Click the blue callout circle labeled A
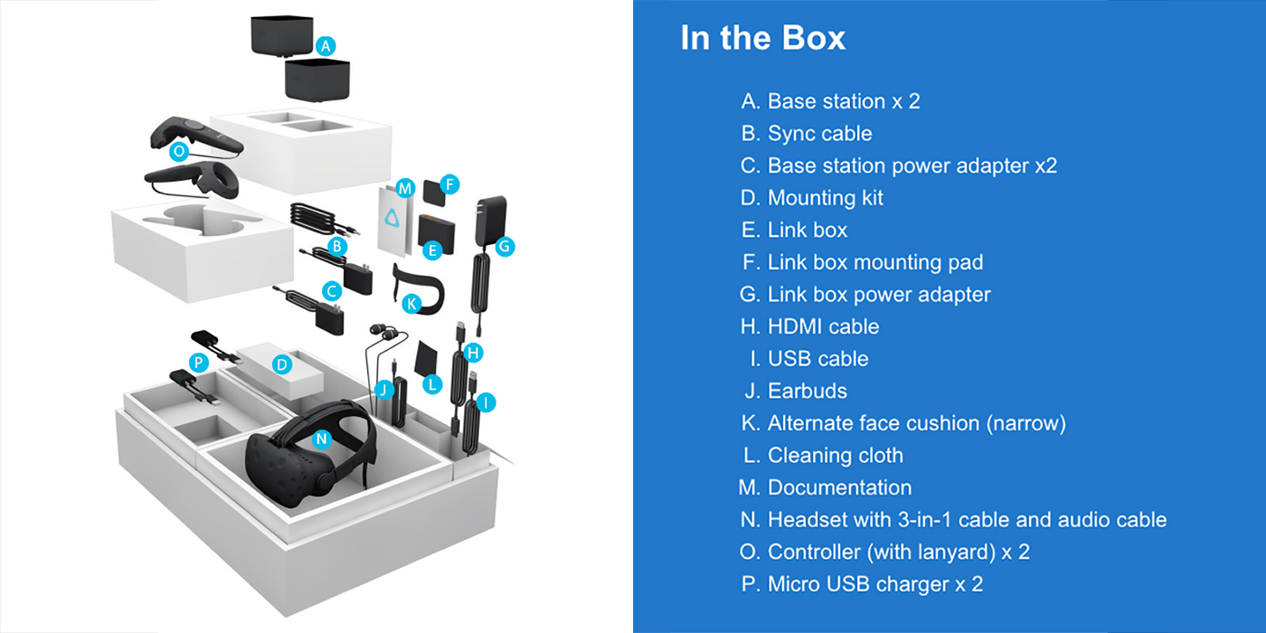tap(326, 44)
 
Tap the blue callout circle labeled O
tap(179, 151)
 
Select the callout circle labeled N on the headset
tap(320, 439)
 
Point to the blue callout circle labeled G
tap(505, 244)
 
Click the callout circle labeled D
tap(282, 364)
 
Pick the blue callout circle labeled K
tap(411, 303)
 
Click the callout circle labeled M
tap(404, 188)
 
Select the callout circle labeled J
tap(383, 390)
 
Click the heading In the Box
tap(762, 38)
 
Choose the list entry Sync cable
tap(819, 134)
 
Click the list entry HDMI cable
tap(823, 326)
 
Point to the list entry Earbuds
tap(807, 391)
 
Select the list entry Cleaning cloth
tap(835, 455)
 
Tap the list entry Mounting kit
tap(825, 198)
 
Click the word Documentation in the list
tap(839, 487)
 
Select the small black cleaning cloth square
tap(425, 358)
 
